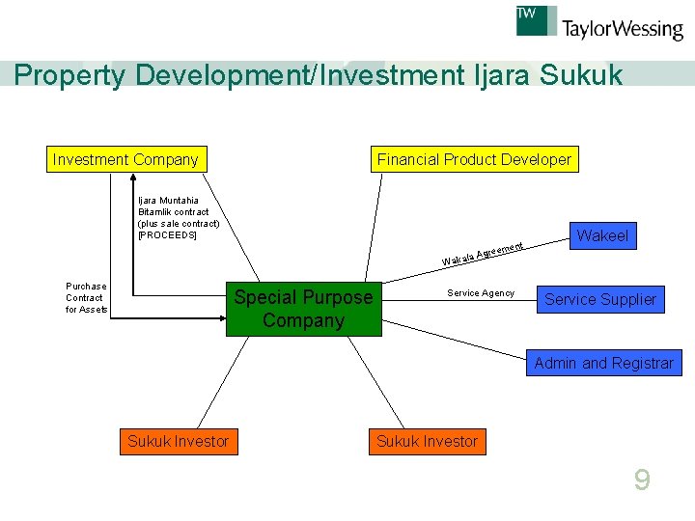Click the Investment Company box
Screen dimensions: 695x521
click(x=125, y=159)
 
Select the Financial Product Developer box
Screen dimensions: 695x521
click(x=474, y=159)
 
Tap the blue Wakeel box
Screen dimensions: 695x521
click(x=601, y=235)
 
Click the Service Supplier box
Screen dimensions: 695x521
click(x=599, y=299)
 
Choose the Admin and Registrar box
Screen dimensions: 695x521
click(x=603, y=363)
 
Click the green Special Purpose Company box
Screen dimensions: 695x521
click(x=303, y=309)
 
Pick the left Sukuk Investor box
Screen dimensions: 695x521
click(x=178, y=441)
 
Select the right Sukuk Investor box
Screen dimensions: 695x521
click(x=427, y=441)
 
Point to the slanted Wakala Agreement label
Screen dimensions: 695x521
click(x=483, y=254)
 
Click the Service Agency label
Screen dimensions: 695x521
click(x=481, y=293)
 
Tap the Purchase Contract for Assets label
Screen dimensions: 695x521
click(x=86, y=297)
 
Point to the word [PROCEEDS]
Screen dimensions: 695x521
click(x=167, y=235)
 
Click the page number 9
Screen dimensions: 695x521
click(x=642, y=480)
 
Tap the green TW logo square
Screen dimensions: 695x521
click(x=537, y=20)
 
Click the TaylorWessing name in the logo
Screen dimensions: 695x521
click(x=623, y=29)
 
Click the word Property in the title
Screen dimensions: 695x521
click(x=70, y=75)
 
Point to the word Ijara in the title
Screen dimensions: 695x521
click(x=498, y=75)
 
